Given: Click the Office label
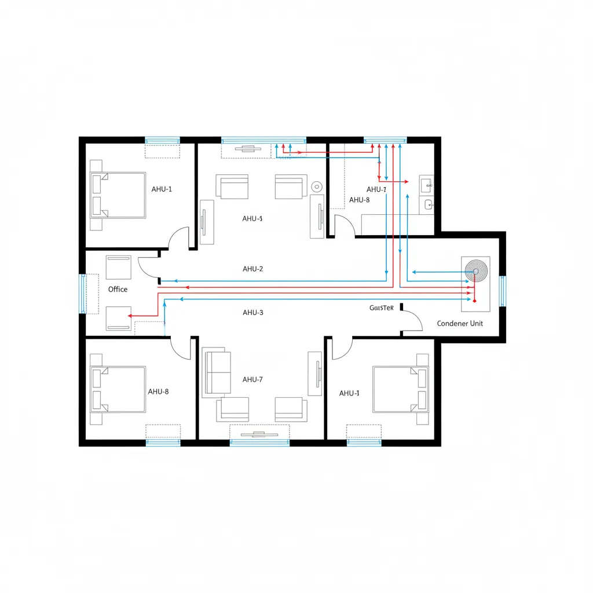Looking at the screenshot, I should (118, 289).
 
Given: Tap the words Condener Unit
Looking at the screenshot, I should (460, 323).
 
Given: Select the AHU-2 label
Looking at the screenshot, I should (253, 269).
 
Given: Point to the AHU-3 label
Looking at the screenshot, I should (253, 312).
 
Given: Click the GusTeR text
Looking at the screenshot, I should (381, 308).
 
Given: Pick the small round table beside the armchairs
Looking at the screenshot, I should (316, 186).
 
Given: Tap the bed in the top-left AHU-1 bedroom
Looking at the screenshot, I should (118, 195).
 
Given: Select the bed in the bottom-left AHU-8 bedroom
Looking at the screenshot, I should (118, 389).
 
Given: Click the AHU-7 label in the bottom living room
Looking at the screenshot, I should (253, 379).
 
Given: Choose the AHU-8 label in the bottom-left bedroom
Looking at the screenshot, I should (158, 391).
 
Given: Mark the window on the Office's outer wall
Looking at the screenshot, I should (82, 293).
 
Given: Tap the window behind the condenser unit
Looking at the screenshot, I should (502, 291).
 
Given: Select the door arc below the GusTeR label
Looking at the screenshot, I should (412, 320).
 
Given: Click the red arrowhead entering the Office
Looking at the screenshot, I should (131, 316).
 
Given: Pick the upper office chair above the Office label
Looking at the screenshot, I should (118, 267).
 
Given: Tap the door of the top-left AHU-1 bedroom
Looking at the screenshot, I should (180, 237).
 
